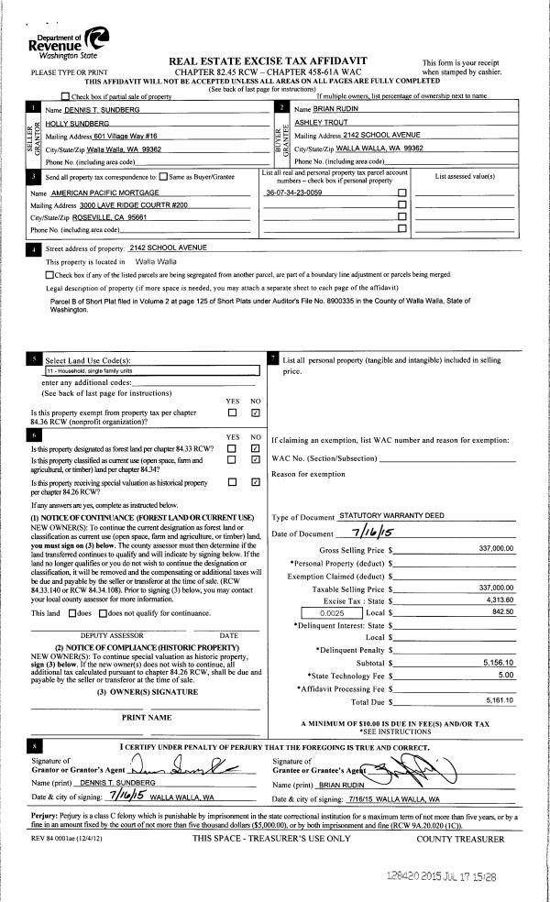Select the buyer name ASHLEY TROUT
[319, 122]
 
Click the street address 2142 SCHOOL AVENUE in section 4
[170, 247]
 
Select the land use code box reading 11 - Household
[152, 371]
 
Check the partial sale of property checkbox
[64, 96]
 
